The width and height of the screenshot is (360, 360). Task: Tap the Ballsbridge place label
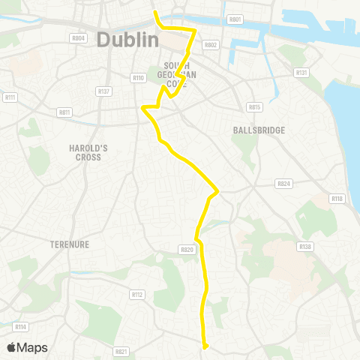pos(259,130)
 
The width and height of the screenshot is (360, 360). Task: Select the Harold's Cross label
pos(88,153)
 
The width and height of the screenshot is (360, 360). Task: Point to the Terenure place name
pos(70,244)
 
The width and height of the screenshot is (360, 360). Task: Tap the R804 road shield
pos(78,37)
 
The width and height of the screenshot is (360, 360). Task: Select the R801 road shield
pos(235,19)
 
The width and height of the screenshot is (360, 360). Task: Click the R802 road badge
pos(210,45)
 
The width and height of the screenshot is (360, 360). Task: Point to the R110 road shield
pos(138,77)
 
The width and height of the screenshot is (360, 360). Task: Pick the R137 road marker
pos(104,91)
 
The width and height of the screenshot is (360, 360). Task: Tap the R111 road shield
pos(10,97)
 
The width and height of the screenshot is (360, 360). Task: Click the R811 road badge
pos(64,112)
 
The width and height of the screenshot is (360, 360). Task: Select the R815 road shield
pos(255,107)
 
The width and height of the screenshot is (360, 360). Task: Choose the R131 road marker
pos(301,73)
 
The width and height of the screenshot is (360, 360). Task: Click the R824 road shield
pos(283,183)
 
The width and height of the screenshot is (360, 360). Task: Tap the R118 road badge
pos(337,199)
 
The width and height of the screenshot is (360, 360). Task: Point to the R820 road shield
pos(187,249)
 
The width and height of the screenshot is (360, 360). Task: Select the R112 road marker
pos(137,295)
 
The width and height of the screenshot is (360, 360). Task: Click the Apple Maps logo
pos(28,347)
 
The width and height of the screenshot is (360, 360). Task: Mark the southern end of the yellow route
pos(205,345)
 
